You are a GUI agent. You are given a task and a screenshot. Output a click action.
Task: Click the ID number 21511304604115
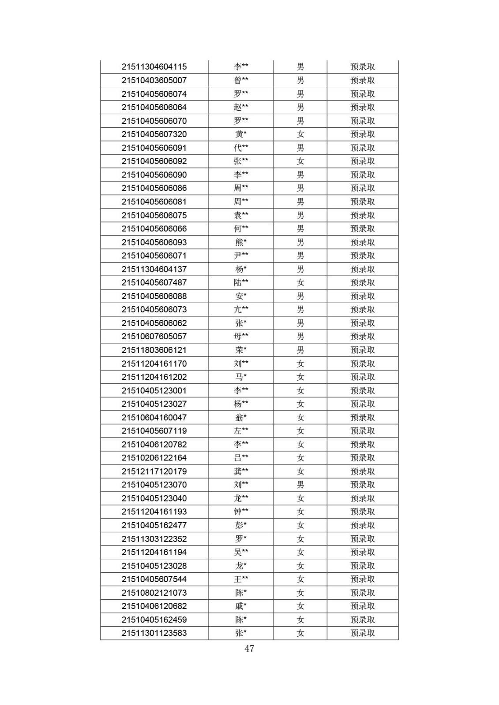[154, 67]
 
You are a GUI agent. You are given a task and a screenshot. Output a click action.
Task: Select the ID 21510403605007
[154, 80]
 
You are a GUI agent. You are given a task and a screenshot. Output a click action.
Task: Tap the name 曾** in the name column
[240, 80]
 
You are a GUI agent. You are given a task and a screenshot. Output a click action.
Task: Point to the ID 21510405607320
[154, 134]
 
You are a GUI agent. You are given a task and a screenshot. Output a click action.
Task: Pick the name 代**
[240, 148]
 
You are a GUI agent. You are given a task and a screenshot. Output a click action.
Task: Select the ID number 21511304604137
[154, 269]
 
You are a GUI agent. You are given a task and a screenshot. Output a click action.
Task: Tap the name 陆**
[240, 282]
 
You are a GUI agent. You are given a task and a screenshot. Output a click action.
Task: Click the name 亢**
[240, 309]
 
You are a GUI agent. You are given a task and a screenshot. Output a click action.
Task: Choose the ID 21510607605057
[154, 337]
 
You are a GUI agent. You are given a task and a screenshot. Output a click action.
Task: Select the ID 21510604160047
[154, 417]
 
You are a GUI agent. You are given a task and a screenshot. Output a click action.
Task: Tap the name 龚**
[240, 471]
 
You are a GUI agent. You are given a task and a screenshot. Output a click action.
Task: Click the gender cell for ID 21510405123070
[300, 485]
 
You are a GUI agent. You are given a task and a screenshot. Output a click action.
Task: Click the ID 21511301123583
[154, 633]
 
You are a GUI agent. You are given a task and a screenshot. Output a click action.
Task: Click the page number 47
[249, 649]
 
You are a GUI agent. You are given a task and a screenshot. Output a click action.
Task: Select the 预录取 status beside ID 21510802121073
[362, 593]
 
